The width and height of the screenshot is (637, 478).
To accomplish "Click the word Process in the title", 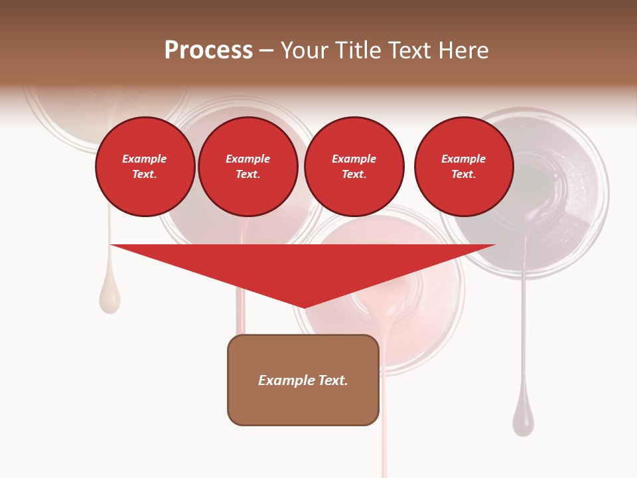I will [x=208, y=50].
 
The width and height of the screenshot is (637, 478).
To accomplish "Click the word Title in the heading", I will [x=359, y=50].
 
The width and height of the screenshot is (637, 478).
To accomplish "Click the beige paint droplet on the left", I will [x=109, y=297].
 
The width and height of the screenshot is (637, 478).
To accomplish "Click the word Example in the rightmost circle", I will [x=463, y=159].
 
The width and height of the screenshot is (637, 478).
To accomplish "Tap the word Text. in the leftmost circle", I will [x=145, y=174].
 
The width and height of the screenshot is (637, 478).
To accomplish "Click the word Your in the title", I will [x=303, y=50].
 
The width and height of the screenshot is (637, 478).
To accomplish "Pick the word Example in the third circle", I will [x=354, y=159].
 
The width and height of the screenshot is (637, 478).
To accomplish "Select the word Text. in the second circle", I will [x=248, y=174].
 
